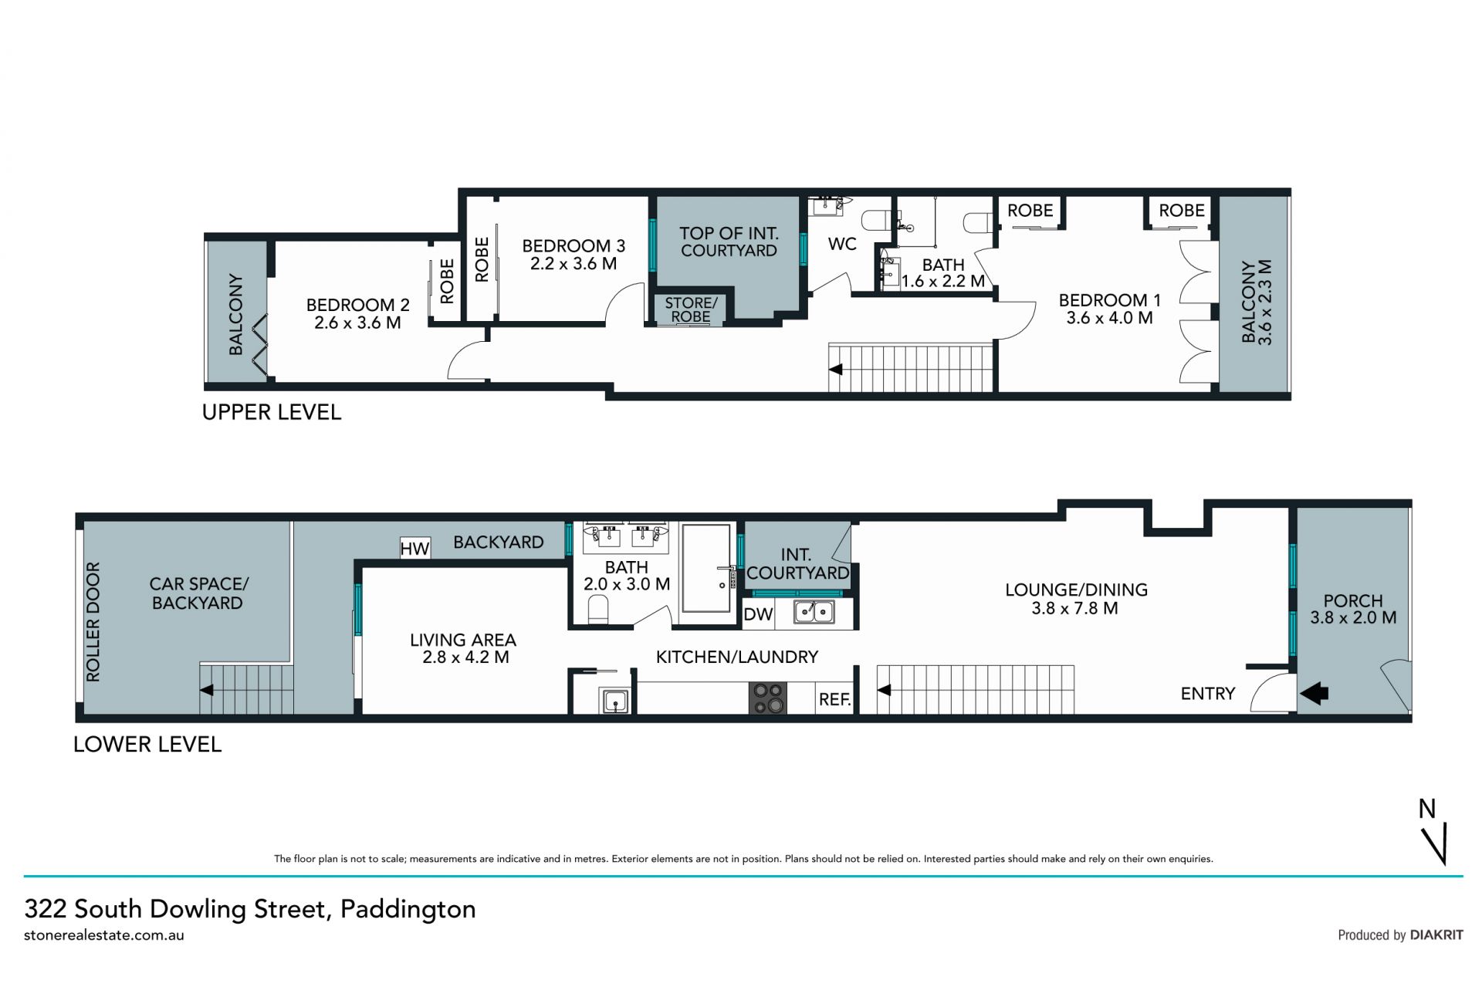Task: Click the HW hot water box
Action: tap(415, 548)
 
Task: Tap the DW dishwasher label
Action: tap(758, 614)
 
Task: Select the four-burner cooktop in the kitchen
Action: tap(768, 698)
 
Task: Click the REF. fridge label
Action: tap(834, 700)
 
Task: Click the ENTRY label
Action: tap(1208, 694)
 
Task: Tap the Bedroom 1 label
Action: tap(1109, 300)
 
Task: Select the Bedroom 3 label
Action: tap(574, 246)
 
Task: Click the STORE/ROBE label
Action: tap(691, 309)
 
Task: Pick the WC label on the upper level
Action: tap(842, 244)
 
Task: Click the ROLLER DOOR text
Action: tap(93, 622)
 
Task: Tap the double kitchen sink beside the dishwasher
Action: tap(814, 612)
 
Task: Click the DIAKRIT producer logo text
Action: tap(1436, 935)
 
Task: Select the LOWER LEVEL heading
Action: tap(147, 745)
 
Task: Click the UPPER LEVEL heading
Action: tap(272, 412)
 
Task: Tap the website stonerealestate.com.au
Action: tap(104, 935)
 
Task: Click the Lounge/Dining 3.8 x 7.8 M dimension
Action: tap(1074, 608)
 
